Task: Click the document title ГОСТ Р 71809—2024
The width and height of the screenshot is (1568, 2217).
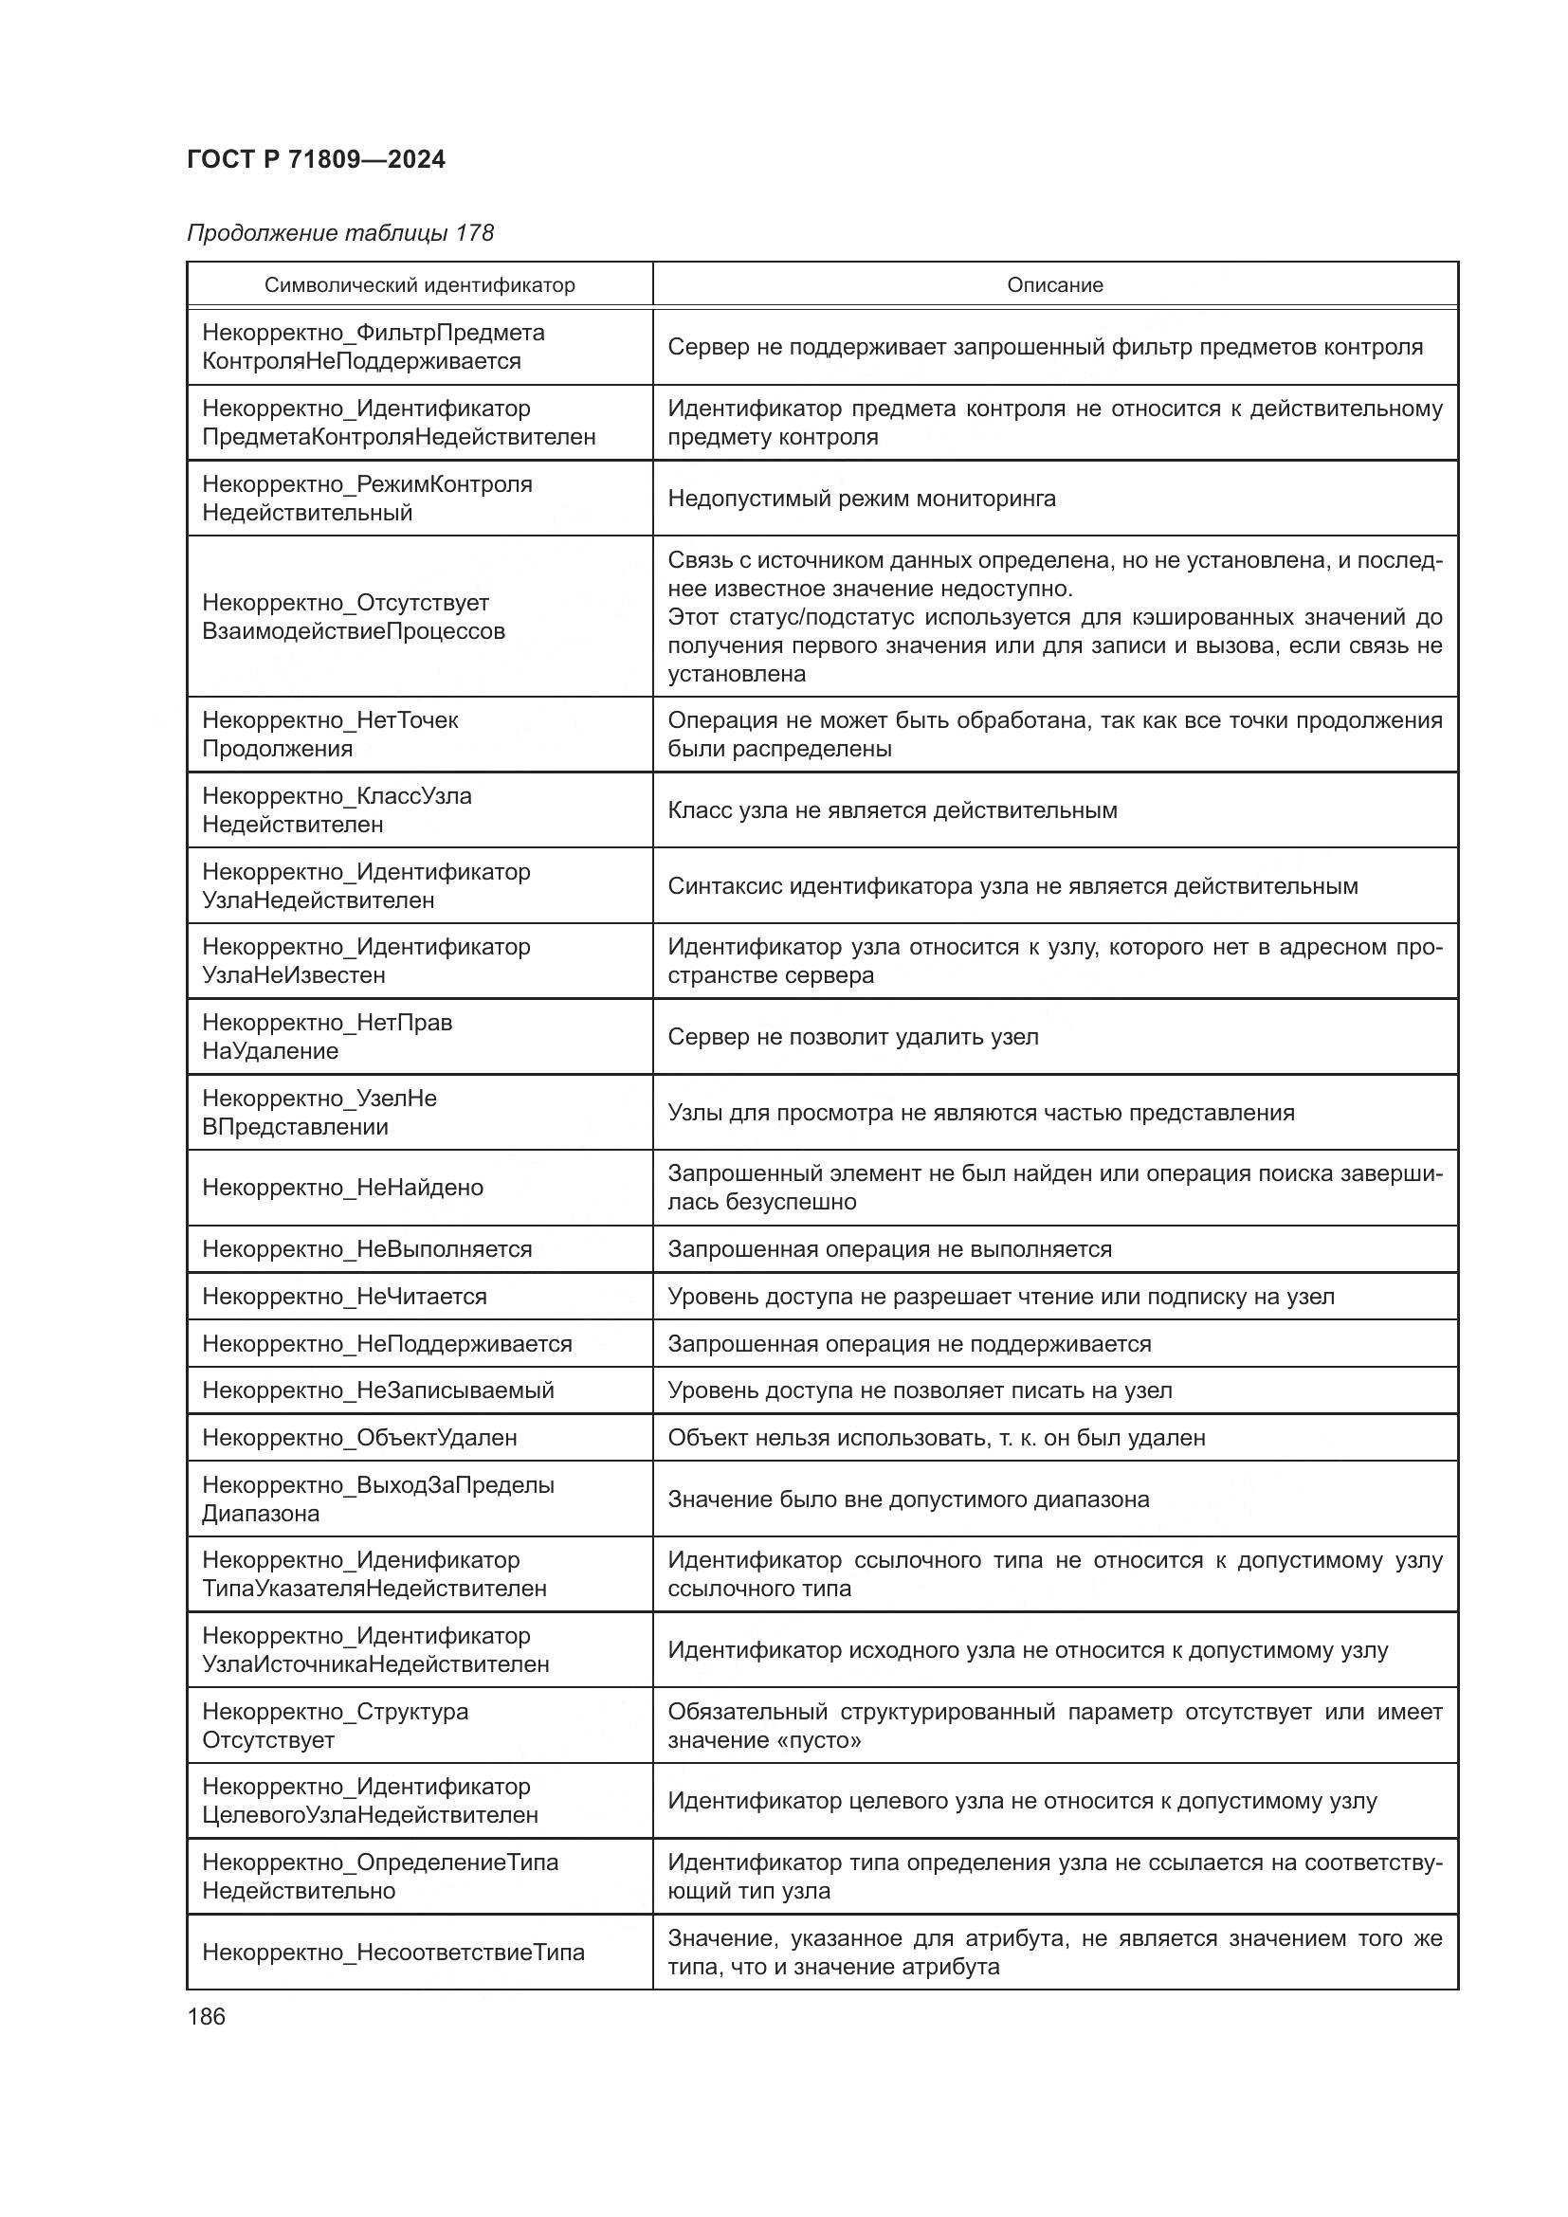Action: point(316,160)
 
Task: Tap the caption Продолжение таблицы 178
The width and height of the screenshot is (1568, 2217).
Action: point(340,233)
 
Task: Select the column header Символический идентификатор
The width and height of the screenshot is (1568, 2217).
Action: point(419,285)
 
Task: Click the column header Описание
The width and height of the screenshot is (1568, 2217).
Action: point(1054,285)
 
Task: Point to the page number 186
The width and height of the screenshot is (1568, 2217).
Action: point(206,2016)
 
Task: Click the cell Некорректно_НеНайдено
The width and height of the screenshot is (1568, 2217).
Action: point(343,1187)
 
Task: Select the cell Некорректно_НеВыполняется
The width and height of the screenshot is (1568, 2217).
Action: point(367,1248)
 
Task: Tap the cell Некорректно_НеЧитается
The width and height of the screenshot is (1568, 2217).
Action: point(345,1296)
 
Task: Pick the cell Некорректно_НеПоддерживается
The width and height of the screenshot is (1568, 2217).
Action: point(387,1343)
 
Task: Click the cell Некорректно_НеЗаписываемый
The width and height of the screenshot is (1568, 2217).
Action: point(378,1390)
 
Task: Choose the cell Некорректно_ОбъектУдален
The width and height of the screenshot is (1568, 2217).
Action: point(359,1437)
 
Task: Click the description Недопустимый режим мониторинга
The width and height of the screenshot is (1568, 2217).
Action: point(861,499)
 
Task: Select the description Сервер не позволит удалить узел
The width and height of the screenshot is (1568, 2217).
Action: point(852,1036)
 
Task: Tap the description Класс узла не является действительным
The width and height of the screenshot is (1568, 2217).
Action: point(892,809)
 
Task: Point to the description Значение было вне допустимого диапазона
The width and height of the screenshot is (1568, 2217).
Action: point(907,1499)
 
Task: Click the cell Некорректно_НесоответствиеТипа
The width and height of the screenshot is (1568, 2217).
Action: point(393,1952)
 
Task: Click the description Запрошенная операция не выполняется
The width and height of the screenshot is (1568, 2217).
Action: point(889,1248)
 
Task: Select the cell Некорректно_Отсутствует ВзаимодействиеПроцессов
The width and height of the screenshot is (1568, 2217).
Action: point(354,616)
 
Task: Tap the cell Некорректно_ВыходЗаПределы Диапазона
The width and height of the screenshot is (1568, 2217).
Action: point(377,1499)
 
